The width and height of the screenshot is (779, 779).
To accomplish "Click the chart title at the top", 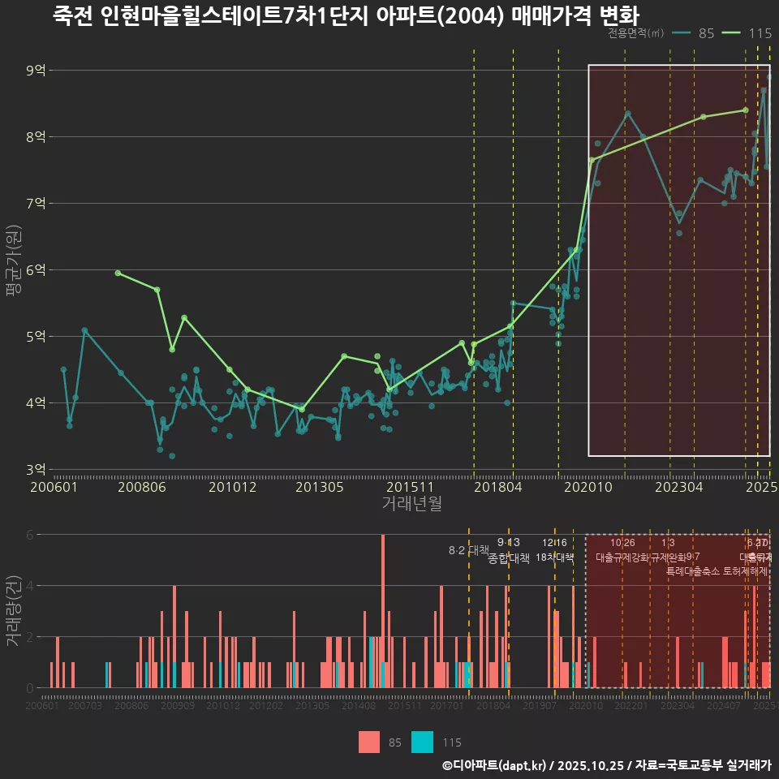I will [346, 15].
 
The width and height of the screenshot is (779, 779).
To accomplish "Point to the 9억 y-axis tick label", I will [36, 71].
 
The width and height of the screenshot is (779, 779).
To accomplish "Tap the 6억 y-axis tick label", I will [36, 270].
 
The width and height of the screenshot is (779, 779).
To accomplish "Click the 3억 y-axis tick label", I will [36, 470].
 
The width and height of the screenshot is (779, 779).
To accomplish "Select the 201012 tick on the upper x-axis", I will [232, 488].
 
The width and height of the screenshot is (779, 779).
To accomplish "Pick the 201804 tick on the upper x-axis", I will [497, 488].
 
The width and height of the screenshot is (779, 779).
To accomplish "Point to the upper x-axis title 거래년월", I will [411, 504].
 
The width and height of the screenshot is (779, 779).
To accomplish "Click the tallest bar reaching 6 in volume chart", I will [383, 610].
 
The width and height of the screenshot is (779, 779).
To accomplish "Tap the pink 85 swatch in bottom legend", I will [369, 742].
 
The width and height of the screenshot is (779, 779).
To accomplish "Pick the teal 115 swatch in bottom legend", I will [423, 742].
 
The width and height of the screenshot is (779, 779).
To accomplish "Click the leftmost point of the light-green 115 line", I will [118, 273].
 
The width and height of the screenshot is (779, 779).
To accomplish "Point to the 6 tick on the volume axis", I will [29, 535].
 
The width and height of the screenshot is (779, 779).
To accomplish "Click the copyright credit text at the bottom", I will [606, 765].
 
